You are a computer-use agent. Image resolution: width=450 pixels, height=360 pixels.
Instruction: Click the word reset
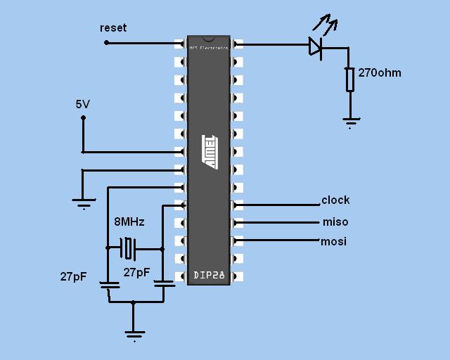tap(113, 27)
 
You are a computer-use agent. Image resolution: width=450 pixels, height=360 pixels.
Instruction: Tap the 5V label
tap(83, 104)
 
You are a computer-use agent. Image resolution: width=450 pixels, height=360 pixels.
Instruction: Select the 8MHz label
tap(129, 221)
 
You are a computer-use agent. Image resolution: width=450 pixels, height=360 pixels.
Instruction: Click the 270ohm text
tap(380, 72)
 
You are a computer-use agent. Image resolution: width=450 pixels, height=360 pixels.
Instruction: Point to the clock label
tap(335, 200)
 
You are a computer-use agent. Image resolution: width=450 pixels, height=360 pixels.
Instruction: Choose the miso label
tap(335, 222)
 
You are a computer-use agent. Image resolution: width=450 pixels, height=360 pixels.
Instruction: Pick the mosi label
tap(334, 242)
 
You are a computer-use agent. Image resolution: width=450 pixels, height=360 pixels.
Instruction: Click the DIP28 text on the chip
tap(209, 276)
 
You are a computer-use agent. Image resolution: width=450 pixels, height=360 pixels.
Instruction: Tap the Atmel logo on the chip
tap(210, 151)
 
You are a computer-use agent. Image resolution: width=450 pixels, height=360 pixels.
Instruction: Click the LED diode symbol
tap(316, 46)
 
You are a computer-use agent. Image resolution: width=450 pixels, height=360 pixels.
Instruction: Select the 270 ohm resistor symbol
tap(349, 79)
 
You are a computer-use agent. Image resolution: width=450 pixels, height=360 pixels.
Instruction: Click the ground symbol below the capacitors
tap(134, 335)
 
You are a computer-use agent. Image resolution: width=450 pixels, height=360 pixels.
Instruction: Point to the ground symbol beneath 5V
tap(84, 202)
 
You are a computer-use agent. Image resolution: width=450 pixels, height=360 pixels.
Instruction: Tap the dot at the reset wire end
tap(107, 43)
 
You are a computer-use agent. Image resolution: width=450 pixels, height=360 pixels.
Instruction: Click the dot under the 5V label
tap(83, 118)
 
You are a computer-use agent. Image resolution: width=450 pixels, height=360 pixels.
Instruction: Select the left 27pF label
tap(73, 276)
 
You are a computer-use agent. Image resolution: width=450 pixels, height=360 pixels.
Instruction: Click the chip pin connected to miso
tap(238, 222)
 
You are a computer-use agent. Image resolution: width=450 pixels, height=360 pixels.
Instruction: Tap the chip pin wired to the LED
tap(238, 44)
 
